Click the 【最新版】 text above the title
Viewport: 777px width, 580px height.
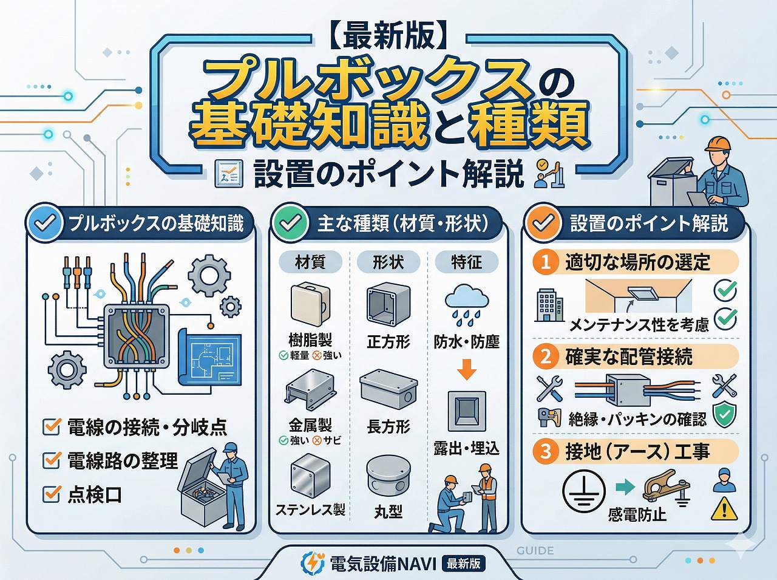pyautogui.click(x=388, y=36)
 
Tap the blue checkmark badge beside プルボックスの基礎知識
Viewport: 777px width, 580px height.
pyautogui.click(x=45, y=223)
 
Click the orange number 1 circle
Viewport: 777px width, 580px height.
pyautogui.click(x=546, y=262)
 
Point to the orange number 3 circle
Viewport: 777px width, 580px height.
pyautogui.click(x=546, y=451)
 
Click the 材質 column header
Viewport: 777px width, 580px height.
pyautogui.click(x=310, y=262)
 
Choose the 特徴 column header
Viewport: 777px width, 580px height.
pyautogui.click(x=466, y=262)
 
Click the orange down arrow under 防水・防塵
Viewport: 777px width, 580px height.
pyautogui.click(x=466, y=369)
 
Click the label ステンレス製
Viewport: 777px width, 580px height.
pyautogui.click(x=310, y=509)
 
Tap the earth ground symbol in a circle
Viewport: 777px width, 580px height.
pyautogui.click(x=583, y=491)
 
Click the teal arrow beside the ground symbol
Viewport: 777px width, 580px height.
pyautogui.click(x=625, y=486)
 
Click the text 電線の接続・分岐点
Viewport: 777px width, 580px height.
pyautogui.click(x=147, y=427)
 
